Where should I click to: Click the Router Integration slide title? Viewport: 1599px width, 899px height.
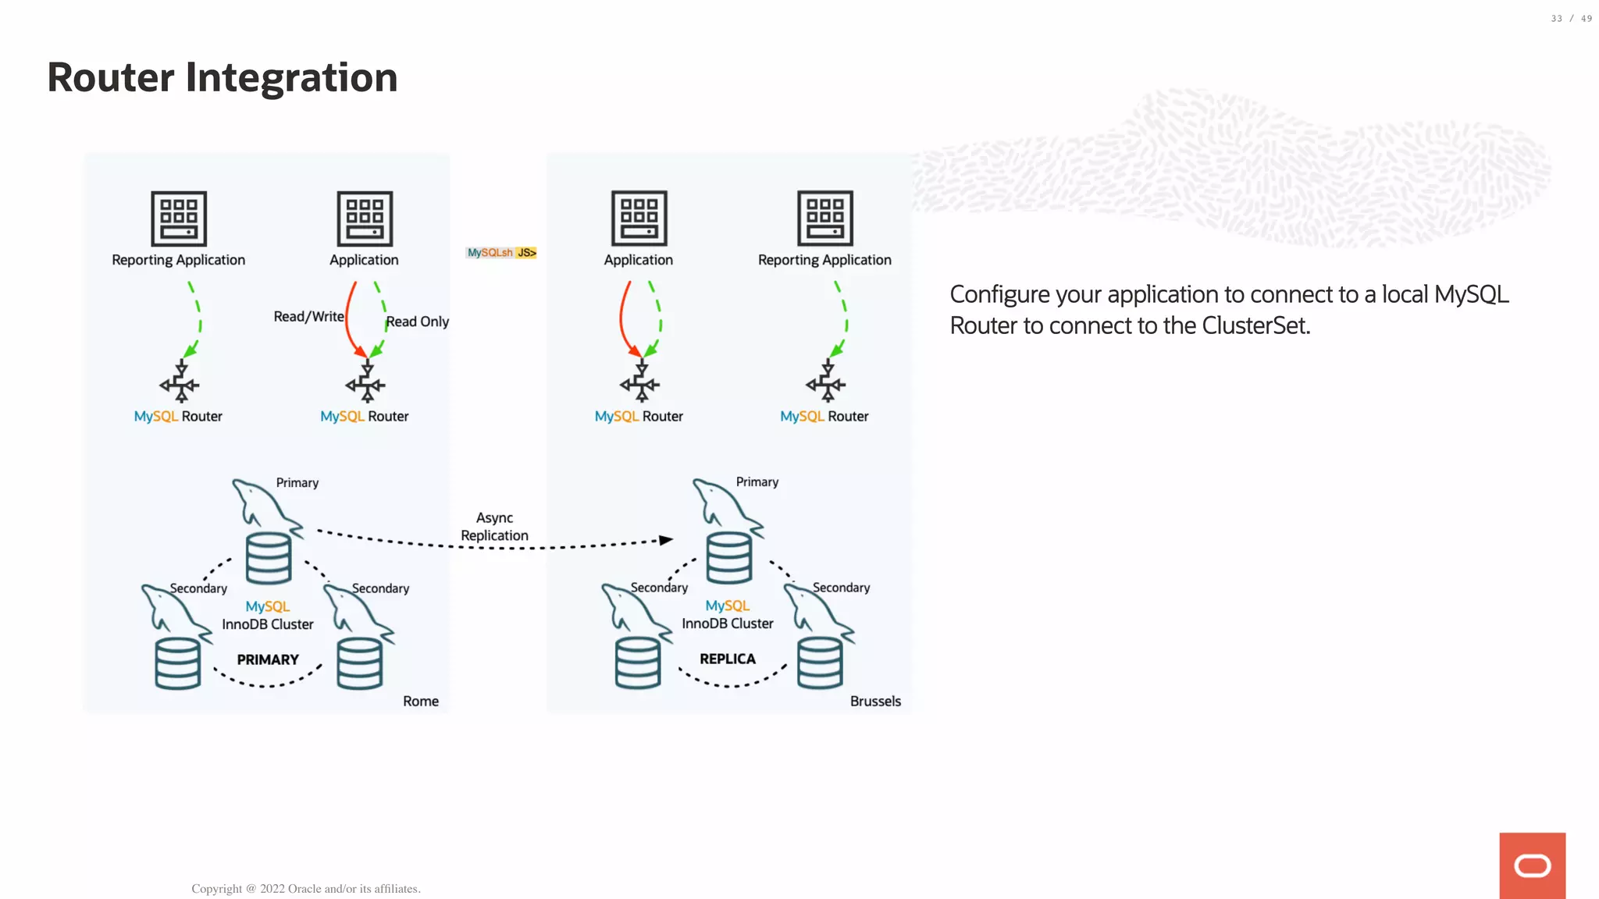pos(223,78)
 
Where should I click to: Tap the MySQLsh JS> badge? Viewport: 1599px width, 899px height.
pos(501,253)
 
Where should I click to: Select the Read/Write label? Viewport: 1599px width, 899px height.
pos(308,317)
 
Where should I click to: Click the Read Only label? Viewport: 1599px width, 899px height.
pos(418,322)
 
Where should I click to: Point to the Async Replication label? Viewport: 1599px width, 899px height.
pos(494,527)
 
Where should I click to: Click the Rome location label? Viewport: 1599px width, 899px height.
pos(420,702)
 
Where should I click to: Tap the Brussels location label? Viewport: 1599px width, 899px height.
pos(875,702)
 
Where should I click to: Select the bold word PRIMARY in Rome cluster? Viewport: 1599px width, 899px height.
pos(268,660)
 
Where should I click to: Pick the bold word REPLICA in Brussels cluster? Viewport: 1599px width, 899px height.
pos(728,659)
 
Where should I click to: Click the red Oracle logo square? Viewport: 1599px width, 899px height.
pos(1532,865)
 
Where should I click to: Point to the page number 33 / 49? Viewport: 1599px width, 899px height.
pos(1571,19)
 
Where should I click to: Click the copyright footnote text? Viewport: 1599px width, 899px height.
pos(306,889)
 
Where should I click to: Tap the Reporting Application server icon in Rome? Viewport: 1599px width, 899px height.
pos(179,219)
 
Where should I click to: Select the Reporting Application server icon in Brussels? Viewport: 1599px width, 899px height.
pos(825,219)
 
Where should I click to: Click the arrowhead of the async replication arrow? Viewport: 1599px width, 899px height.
pos(666,540)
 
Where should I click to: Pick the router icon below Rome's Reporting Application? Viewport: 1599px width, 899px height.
pos(180,382)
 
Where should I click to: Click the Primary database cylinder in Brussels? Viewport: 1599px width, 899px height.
pos(729,558)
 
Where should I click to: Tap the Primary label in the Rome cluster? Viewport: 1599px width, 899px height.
pos(297,483)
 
